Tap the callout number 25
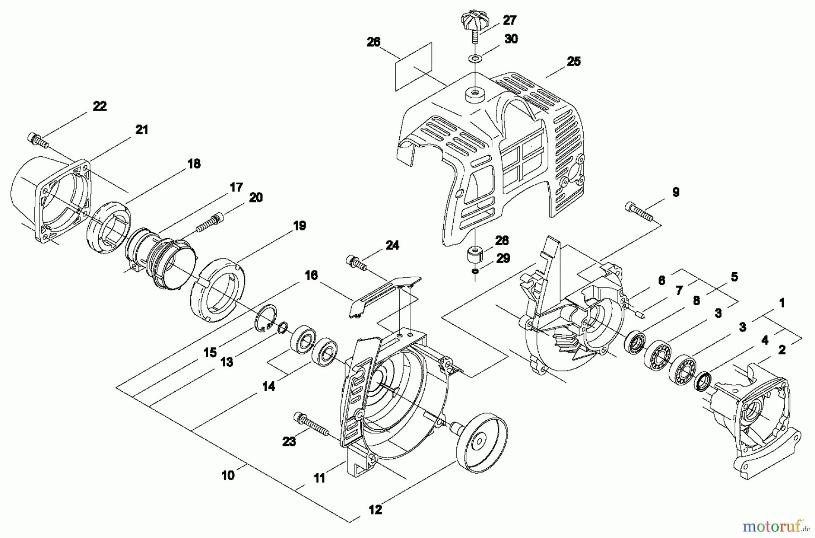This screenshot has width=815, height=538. click(x=573, y=62)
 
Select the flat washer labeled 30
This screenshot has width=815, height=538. click(x=475, y=59)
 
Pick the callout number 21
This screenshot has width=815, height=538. click(x=142, y=130)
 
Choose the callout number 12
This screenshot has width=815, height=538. click(x=375, y=510)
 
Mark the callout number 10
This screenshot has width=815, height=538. click(x=228, y=476)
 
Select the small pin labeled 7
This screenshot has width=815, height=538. click(x=640, y=314)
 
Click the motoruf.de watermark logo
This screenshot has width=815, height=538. click(x=776, y=525)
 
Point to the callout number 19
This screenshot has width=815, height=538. click(x=299, y=226)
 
